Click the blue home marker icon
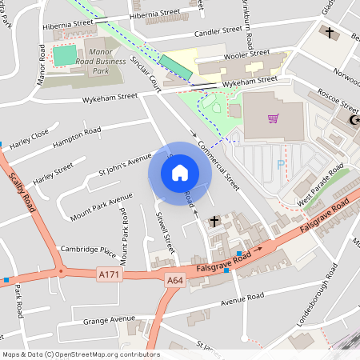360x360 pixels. tap(180, 172)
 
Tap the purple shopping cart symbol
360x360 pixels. tap(274, 119)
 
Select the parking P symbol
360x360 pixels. tap(280, 164)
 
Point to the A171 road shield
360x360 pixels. tap(110, 274)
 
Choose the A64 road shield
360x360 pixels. tap(175, 280)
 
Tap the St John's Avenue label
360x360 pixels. tap(124, 162)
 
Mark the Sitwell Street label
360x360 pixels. tap(163, 232)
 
